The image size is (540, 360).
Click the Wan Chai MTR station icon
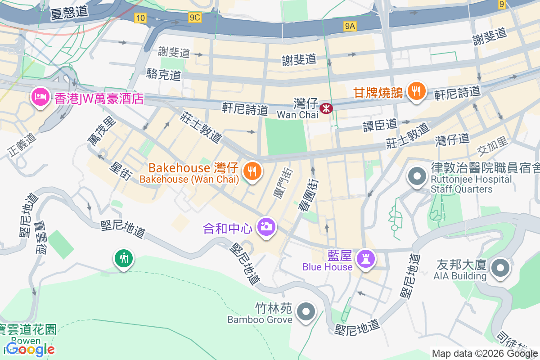[x=325, y=108]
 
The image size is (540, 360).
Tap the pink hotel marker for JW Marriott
[x=40, y=97]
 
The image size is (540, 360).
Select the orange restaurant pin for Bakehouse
[x=252, y=171]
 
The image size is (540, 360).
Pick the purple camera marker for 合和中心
[x=266, y=226]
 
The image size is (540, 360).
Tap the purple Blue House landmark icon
[x=365, y=258]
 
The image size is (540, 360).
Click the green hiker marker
[x=124, y=259]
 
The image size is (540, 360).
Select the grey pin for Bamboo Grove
[x=306, y=311]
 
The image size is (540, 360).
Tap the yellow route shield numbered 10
[x=140, y=18]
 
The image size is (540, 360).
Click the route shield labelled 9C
[x=195, y=18]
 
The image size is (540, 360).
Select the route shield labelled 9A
[x=350, y=26]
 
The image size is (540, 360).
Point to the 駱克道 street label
[x=163, y=75]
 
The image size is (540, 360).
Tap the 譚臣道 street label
[x=380, y=125]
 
